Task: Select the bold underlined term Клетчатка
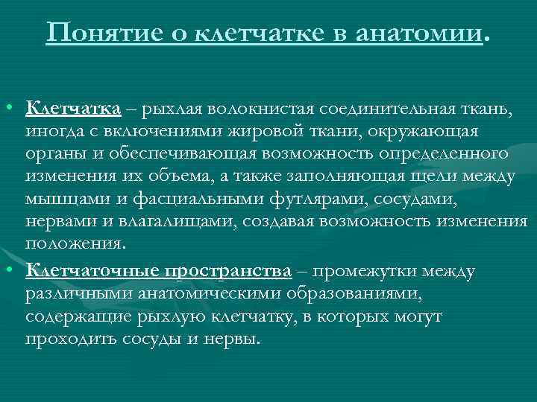(73, 109)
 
